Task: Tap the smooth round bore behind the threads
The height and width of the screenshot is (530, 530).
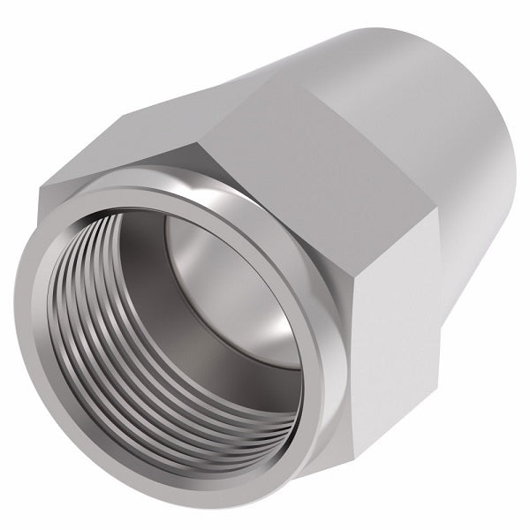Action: click(212, 265)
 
